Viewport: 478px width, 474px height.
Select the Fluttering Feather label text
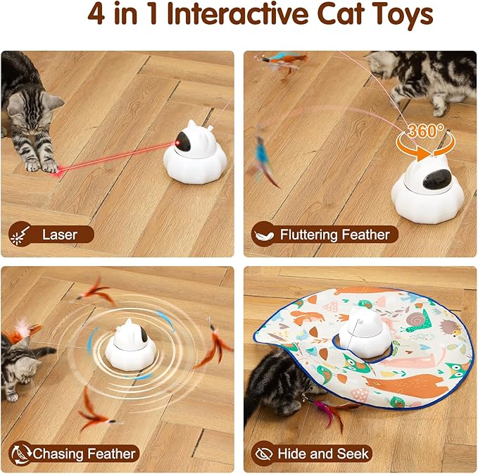click(x=334, y=234)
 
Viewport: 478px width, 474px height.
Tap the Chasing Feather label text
click(x=84, y=454)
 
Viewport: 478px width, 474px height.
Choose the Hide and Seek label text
click(x=324, y=454)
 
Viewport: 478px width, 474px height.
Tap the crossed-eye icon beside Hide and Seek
click(x=264, y=454)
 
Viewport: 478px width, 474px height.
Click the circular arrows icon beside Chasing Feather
click(x=18, y=454)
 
